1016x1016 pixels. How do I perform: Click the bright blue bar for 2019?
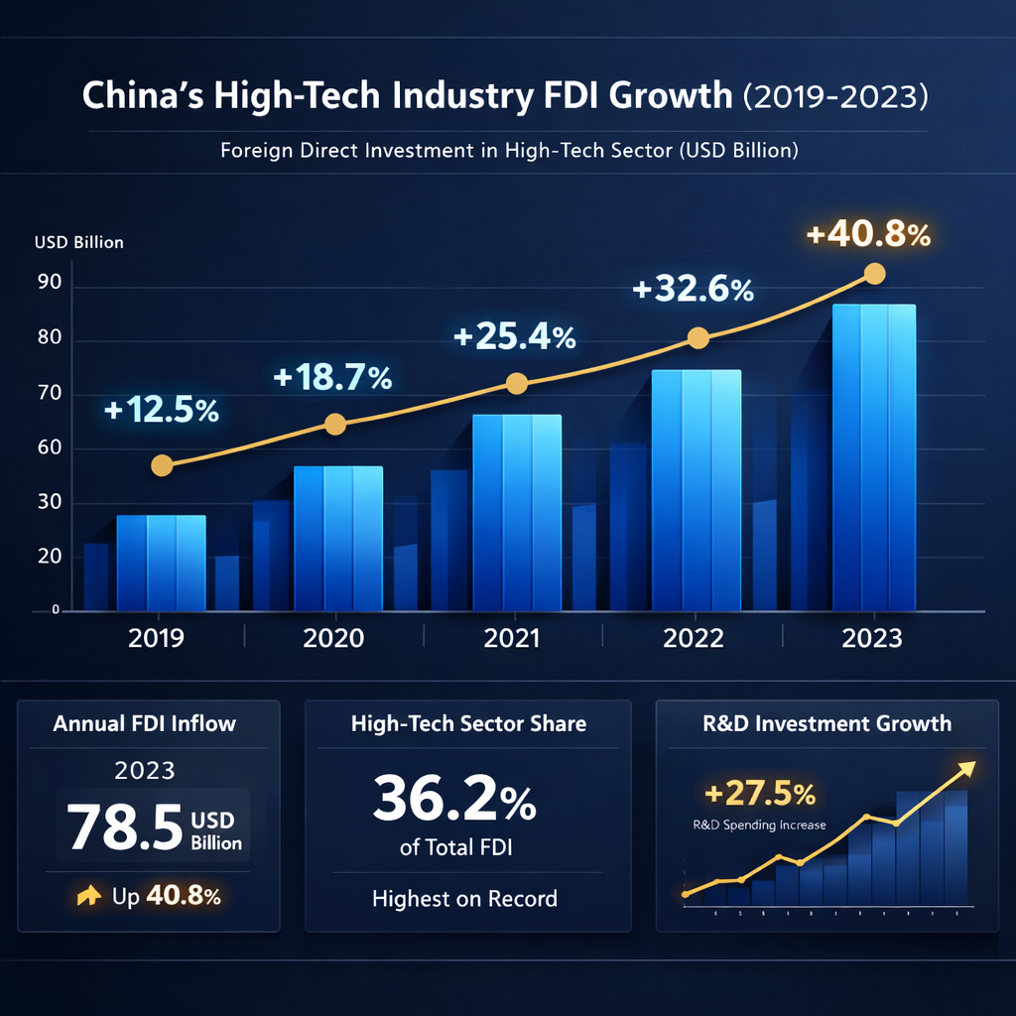pos(161,562)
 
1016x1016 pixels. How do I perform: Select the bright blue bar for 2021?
pos(517,511)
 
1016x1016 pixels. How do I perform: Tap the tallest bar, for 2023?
pos(873,456)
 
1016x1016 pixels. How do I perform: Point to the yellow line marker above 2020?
pos(335,425)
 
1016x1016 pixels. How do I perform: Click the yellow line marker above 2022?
pos(698,338)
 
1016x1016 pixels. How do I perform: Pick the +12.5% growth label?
pos(161,410)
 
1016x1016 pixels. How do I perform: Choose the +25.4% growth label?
pos(514,337)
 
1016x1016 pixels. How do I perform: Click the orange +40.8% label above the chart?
pos(868,235)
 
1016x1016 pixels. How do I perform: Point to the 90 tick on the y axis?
pos(52,286)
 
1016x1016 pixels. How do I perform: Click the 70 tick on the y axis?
pos(52,394)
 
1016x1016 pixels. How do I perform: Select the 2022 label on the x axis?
pos(694,638)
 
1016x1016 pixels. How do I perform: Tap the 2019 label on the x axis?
pos(156,638)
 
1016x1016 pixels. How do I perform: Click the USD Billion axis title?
pos(79,242)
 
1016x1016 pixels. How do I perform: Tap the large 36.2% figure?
pos(454,798)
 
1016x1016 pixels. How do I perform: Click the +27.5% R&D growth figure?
pos(760,794)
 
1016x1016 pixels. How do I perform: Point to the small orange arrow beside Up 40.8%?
pos(89,896)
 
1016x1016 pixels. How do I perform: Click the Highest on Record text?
pos(464,899)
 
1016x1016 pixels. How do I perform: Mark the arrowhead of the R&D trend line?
pos(966,766)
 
